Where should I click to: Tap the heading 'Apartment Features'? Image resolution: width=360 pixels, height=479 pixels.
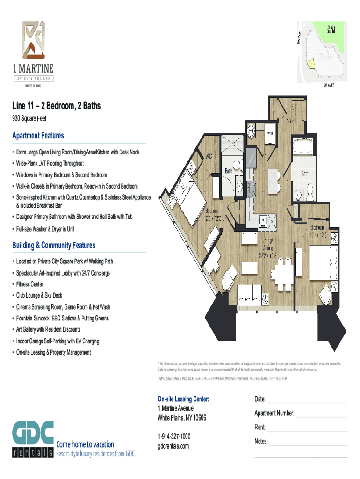pyautogui.click(x=38, y=136)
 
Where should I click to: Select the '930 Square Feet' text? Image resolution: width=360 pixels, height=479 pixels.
pyautogui.click(x=29, y=119)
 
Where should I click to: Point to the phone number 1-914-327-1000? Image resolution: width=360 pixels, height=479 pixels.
pyautogui.click(x=174, y=436)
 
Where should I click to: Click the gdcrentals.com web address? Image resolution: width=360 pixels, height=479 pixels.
pyautogui.click(x=173, y=446)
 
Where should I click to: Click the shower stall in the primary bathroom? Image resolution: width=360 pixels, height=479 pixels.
pyautogui.click(x=230, y=145)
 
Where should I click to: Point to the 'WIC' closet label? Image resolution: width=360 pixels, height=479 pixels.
pyautogui.click(x=209, y=156)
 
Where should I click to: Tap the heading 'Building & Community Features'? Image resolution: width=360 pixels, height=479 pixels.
pyautogui.click(x=54, y=246)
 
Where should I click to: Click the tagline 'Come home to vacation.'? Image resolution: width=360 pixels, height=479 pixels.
pyautogui.click(x=86, y=444)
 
